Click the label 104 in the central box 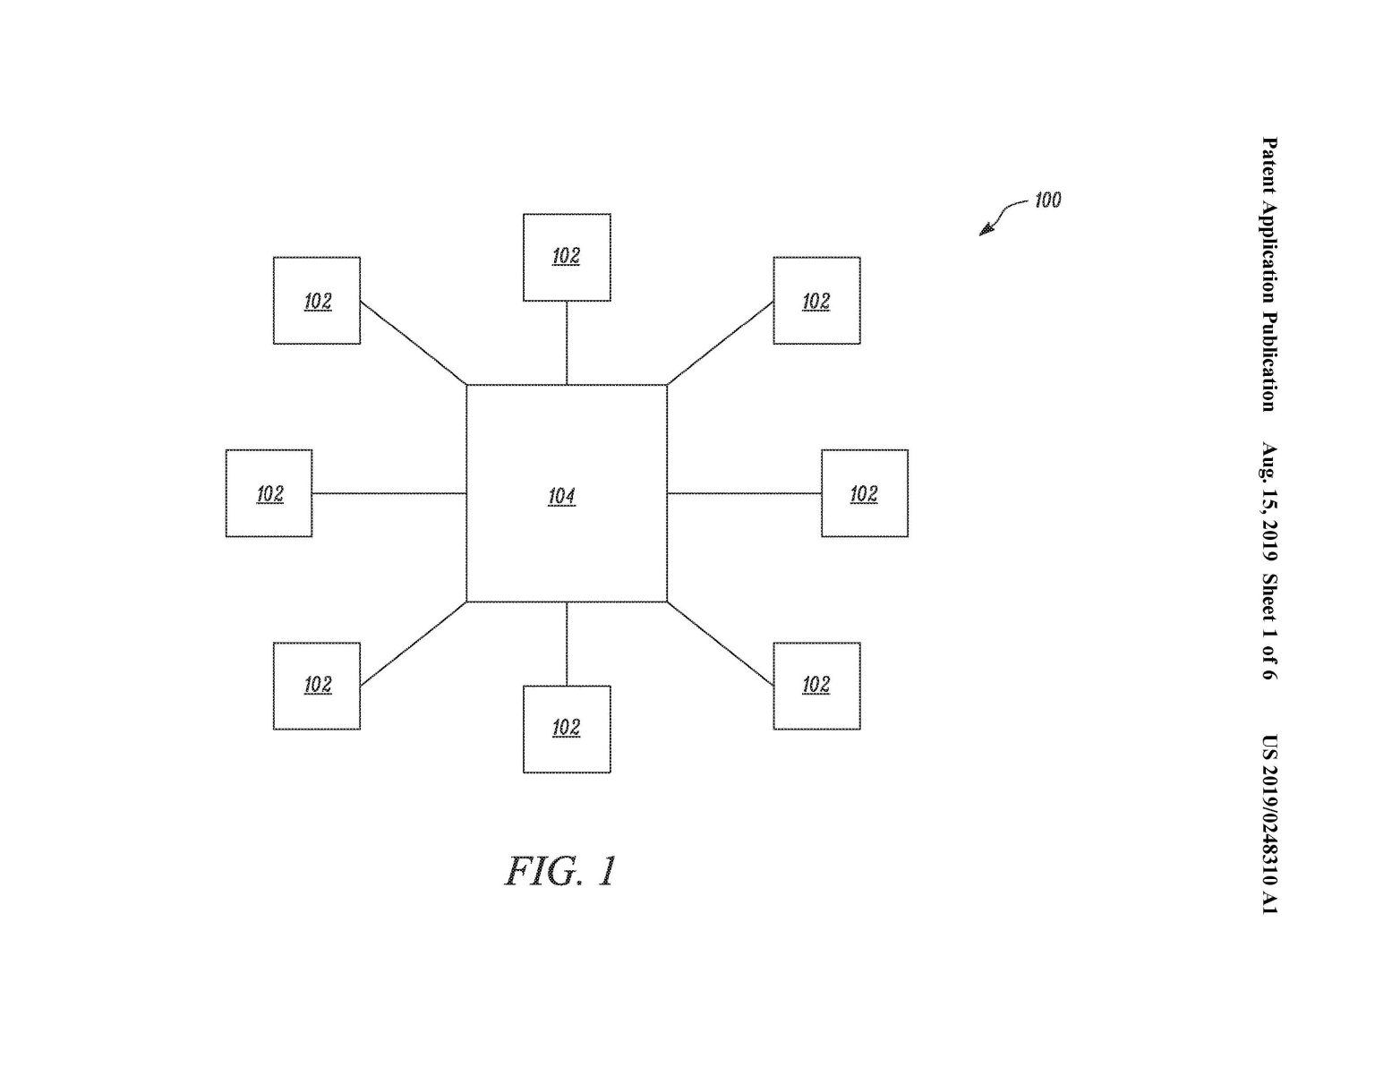click(x=561, y=496)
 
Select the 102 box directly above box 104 click(x=567, y=257)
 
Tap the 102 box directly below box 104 click(x=567, y=729)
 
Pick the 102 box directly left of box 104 click(x=269, y=493)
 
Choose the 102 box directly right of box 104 click(x=865, y=493)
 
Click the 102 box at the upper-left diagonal click(x=317, y=301)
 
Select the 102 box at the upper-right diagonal click(x=816, y=301)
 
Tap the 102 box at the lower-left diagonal click(x=317, y=686)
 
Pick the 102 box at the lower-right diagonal click(x=816, y=686)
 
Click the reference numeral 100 click(x=1047, y=200)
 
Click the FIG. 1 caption click(x=561, y=871)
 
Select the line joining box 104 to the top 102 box click(x=567, y=343)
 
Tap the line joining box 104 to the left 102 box click(x=389, y=493)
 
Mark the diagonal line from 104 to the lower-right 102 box click(x=721, y=644)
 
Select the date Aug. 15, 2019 click(x=1269, y=502)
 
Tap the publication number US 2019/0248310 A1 click(x=1269, y=824)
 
